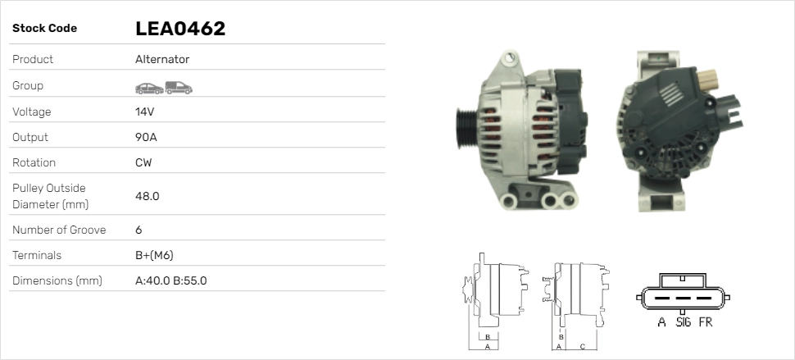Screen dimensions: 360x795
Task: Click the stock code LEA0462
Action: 179,29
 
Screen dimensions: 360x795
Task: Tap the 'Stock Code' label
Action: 44,29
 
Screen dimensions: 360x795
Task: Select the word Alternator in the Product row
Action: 161,59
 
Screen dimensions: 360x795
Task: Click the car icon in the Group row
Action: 148,87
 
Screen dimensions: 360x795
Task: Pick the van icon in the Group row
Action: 178,87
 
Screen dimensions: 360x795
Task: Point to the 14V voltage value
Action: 145,112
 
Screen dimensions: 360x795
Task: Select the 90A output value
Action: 146,137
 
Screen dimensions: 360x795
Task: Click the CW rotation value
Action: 143,162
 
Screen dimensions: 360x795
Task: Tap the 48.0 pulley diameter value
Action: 147,196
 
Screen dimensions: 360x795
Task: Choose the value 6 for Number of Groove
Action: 139,230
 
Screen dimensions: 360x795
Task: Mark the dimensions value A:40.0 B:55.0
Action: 170,280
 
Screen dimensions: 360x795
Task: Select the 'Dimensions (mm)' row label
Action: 57,280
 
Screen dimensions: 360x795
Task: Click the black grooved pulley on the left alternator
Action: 466,131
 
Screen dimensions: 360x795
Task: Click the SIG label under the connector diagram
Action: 683,322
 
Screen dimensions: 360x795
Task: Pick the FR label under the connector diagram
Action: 705,322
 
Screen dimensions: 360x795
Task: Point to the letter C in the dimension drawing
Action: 582,347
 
